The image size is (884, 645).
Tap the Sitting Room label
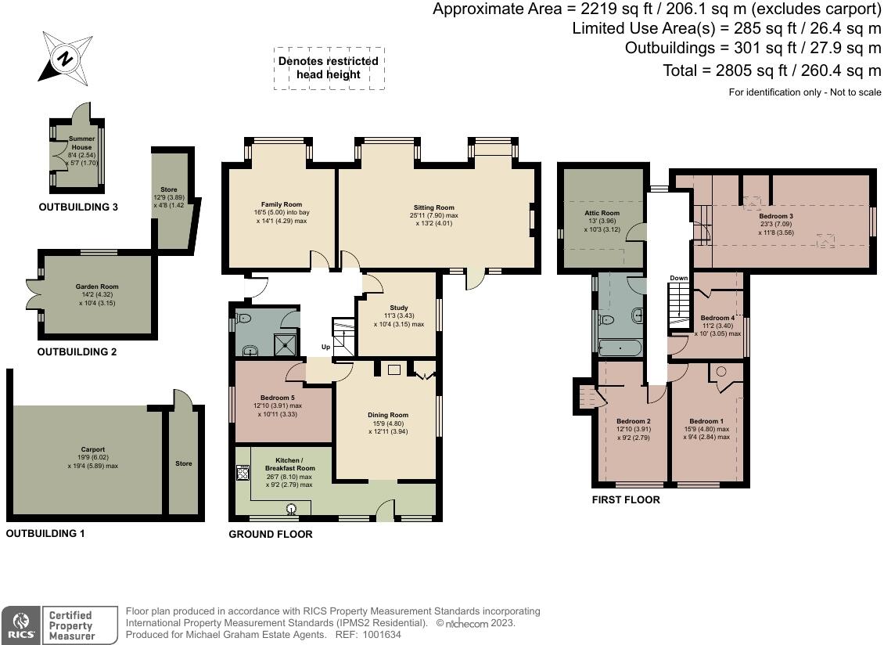click(x=433, y=207)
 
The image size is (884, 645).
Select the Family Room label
click(x=282, y=204)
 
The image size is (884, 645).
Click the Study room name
click(x=399, y=308)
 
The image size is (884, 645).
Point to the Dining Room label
click(x=388, y=415)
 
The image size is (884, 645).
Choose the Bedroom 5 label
click(x=278, y=398)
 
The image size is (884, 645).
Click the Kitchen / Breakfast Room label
click(x=289, y=464)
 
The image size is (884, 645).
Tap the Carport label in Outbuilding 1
click(x=93, y=450)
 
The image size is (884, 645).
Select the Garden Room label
click(x=97, y=286)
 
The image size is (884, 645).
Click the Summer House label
click(x=81, y=142)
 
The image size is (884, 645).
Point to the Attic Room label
click(x=602, y=214)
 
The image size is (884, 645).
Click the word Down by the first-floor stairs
click(x=679, y=278)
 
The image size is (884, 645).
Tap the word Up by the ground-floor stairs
click(x=326, y=347)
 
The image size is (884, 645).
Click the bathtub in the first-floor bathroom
click(x=620, y=347)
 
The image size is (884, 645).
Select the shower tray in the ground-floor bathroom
click(x=285, y=344)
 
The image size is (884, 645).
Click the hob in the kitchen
click(x=243, y=472)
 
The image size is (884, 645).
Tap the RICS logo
click(x=21, y=625)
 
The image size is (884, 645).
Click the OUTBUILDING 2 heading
click(x=77, y=352)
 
